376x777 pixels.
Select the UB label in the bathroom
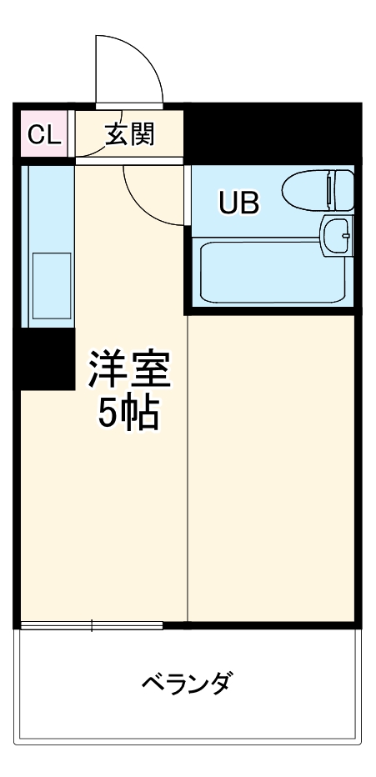pyautogui.click(x=239, y=202)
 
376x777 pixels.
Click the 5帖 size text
pyautogui.click(x=130, y=413)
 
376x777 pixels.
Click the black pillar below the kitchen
pyautogui.click(x=46, y=358)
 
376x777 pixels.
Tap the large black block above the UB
pyautogui.click(x=271, y=133)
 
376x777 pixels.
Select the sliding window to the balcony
pyautogui.click(x=92, y=625)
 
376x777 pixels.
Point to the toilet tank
pyautogui.click(x=342, y=190)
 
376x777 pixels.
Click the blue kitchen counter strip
pyautogui.click(x=48, y=242)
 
